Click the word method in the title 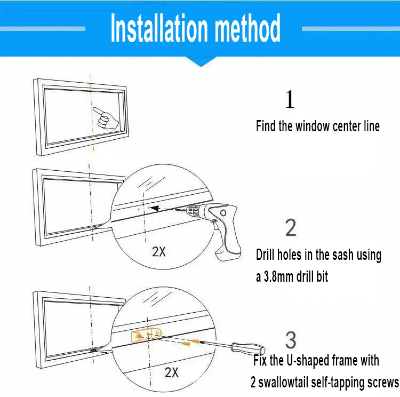tap(246, 29)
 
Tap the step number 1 tap(290, 100)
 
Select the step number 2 tap(291, 228)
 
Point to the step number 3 tap(291, 340)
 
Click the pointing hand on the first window tap(106, 118)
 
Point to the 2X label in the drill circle tap(159, 251)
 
